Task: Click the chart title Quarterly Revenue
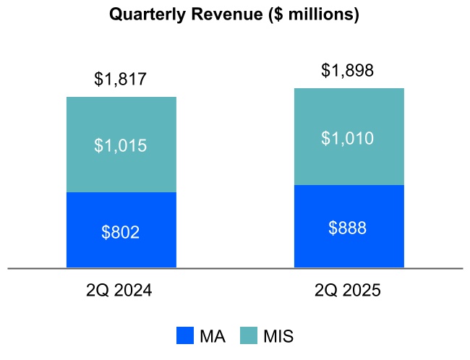(234, 14)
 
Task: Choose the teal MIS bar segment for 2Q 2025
(349, 116)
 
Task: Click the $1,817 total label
(121, 80)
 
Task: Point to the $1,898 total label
(348, 71)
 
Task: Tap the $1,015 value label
(121, 146)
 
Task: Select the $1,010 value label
(348, 138)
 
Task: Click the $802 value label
(121, 232)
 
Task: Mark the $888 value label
(348, 228)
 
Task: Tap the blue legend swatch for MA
(186, 336)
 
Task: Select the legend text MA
(212, 336)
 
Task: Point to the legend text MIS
(278, 336)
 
